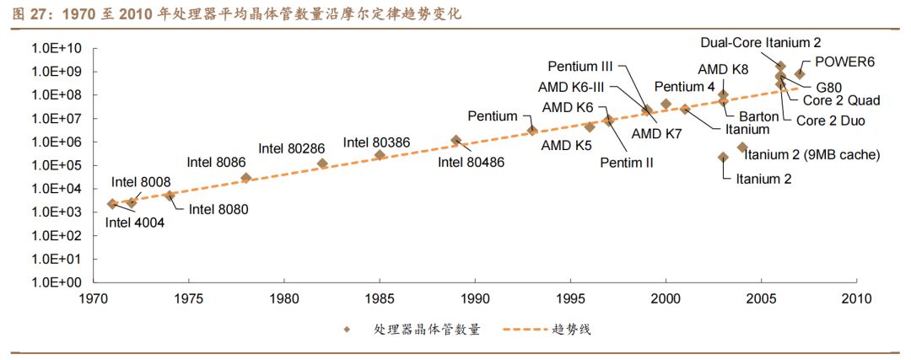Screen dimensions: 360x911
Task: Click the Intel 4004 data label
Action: point(135,223)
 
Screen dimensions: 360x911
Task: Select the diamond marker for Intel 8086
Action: point(246,178)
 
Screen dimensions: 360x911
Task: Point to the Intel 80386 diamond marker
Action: point(380,154)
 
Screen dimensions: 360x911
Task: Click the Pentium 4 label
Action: point(684,86)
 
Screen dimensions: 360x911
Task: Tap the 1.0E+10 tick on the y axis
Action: point(56,48)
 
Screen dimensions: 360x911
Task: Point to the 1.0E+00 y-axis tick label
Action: point(56,282)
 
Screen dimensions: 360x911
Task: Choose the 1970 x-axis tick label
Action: point(93,298)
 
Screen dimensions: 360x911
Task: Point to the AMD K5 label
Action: point(567,145)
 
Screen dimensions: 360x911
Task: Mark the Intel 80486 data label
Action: point(471,162)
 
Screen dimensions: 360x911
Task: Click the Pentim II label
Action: point(627,162)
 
